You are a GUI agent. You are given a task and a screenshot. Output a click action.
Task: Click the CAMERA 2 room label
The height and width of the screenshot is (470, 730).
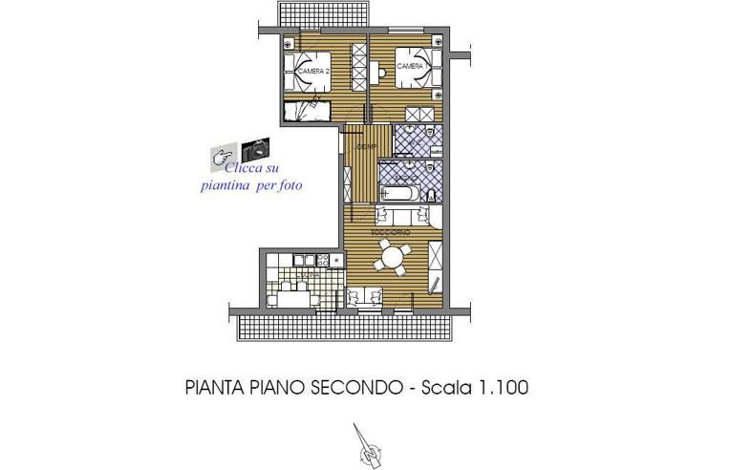313,71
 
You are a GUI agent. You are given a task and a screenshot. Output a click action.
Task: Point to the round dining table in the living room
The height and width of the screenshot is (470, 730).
392,255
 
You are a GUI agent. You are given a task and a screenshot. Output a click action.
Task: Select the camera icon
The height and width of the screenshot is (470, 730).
255,149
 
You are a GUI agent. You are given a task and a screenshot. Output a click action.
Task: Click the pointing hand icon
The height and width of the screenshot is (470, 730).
225,154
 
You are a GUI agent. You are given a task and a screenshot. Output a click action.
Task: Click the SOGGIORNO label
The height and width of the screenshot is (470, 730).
390,232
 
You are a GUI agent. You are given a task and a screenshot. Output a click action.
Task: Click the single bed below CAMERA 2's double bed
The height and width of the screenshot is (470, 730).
309,108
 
